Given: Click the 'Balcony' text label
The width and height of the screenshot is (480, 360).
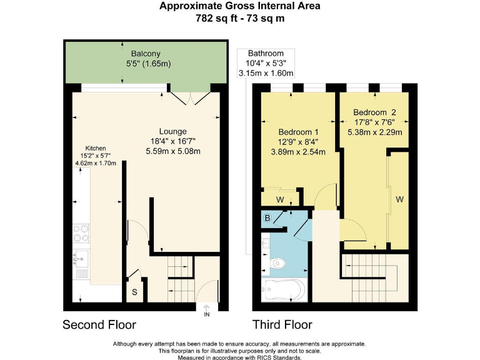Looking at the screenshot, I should pyautogui.click(x=144, y=53).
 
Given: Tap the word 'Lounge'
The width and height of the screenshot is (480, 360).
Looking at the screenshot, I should pyautogui.click(x=173, y=131).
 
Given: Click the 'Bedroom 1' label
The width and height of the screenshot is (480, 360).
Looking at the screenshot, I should pyautogui.click(x=298, y=132).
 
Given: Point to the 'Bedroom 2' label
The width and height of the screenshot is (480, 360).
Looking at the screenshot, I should pyautogui.click(x=375, y=112).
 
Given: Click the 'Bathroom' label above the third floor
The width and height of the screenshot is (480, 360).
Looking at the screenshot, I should pyautogui.click(x=266, y=54).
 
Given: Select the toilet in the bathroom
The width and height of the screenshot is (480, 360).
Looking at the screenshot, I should pyautogui.click(x=279, y=264).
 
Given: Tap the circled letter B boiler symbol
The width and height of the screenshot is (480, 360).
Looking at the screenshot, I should pyautogui.click(x=267, y=219).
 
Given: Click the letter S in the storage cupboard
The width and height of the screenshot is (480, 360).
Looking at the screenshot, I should pyautogui.click(x=134, y=292).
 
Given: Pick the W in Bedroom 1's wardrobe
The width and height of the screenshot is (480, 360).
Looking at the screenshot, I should pyautogui.click(x=280, y=200).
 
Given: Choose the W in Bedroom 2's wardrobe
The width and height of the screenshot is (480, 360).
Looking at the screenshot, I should pyautogui.click(x=399, y=200).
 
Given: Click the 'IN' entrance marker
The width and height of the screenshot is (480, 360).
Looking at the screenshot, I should pyautogui.click(x=207, y=314).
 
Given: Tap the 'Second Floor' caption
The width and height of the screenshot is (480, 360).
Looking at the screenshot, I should pyautogui.click(x=99, y=325).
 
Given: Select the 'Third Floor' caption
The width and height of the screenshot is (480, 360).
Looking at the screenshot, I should pyautogui.click(x=282, y=325).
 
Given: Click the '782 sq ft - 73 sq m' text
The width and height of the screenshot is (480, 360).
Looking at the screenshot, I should pyautogui.click(x=240, y=18).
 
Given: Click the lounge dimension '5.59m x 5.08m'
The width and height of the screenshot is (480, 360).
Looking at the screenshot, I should pyautogui.click(x=173, y=151).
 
